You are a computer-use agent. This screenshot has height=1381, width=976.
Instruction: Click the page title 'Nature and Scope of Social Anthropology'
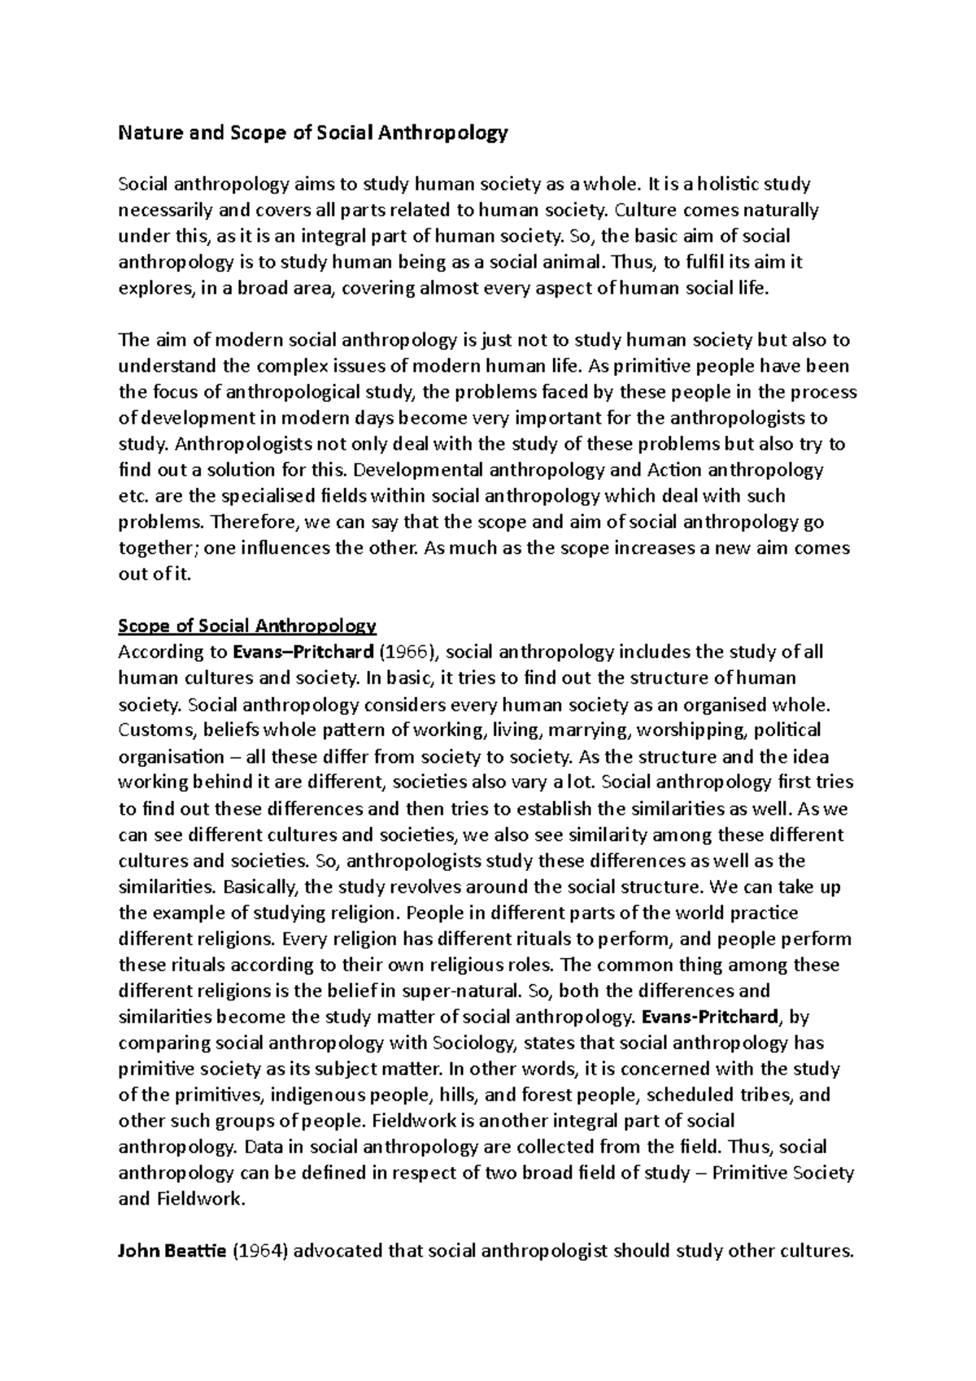313,133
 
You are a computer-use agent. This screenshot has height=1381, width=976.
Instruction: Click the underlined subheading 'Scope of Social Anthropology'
247,625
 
